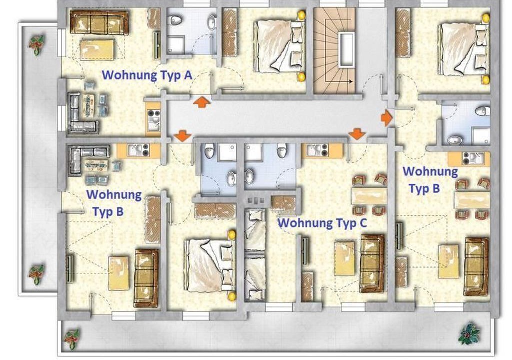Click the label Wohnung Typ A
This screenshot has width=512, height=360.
coord(147,75)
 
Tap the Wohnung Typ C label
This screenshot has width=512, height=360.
coord(322,223)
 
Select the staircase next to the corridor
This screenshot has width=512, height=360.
coord(334,50)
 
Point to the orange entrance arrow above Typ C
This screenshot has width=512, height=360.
coord(357,134)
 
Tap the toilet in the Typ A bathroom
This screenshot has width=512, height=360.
coord(175,20)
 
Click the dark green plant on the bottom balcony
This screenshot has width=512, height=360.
coord(469,333)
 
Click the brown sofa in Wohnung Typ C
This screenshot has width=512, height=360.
coord(372,263)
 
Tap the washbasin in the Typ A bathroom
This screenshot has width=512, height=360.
coord(212,23)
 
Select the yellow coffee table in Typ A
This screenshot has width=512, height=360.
coord(97,49)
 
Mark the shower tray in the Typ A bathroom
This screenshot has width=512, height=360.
coord(176,45)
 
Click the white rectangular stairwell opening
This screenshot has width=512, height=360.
coord(346,49)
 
